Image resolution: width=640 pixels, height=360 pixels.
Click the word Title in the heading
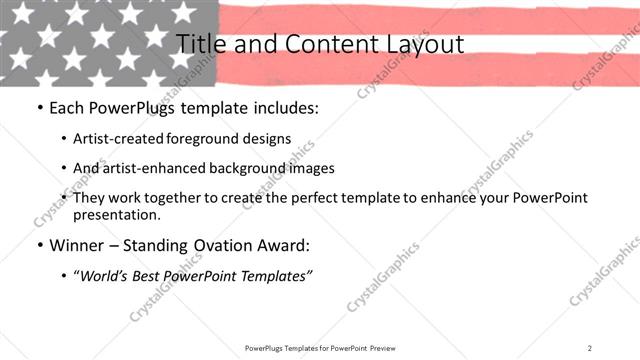(200, 44)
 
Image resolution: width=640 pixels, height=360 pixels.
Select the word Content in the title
(323, 44)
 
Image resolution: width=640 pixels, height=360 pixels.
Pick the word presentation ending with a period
(116, 215)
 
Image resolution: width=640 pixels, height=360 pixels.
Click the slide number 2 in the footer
(590, 348)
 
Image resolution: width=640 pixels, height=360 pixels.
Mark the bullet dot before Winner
(38, 245)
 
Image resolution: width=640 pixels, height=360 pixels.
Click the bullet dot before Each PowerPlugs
(38, 107)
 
